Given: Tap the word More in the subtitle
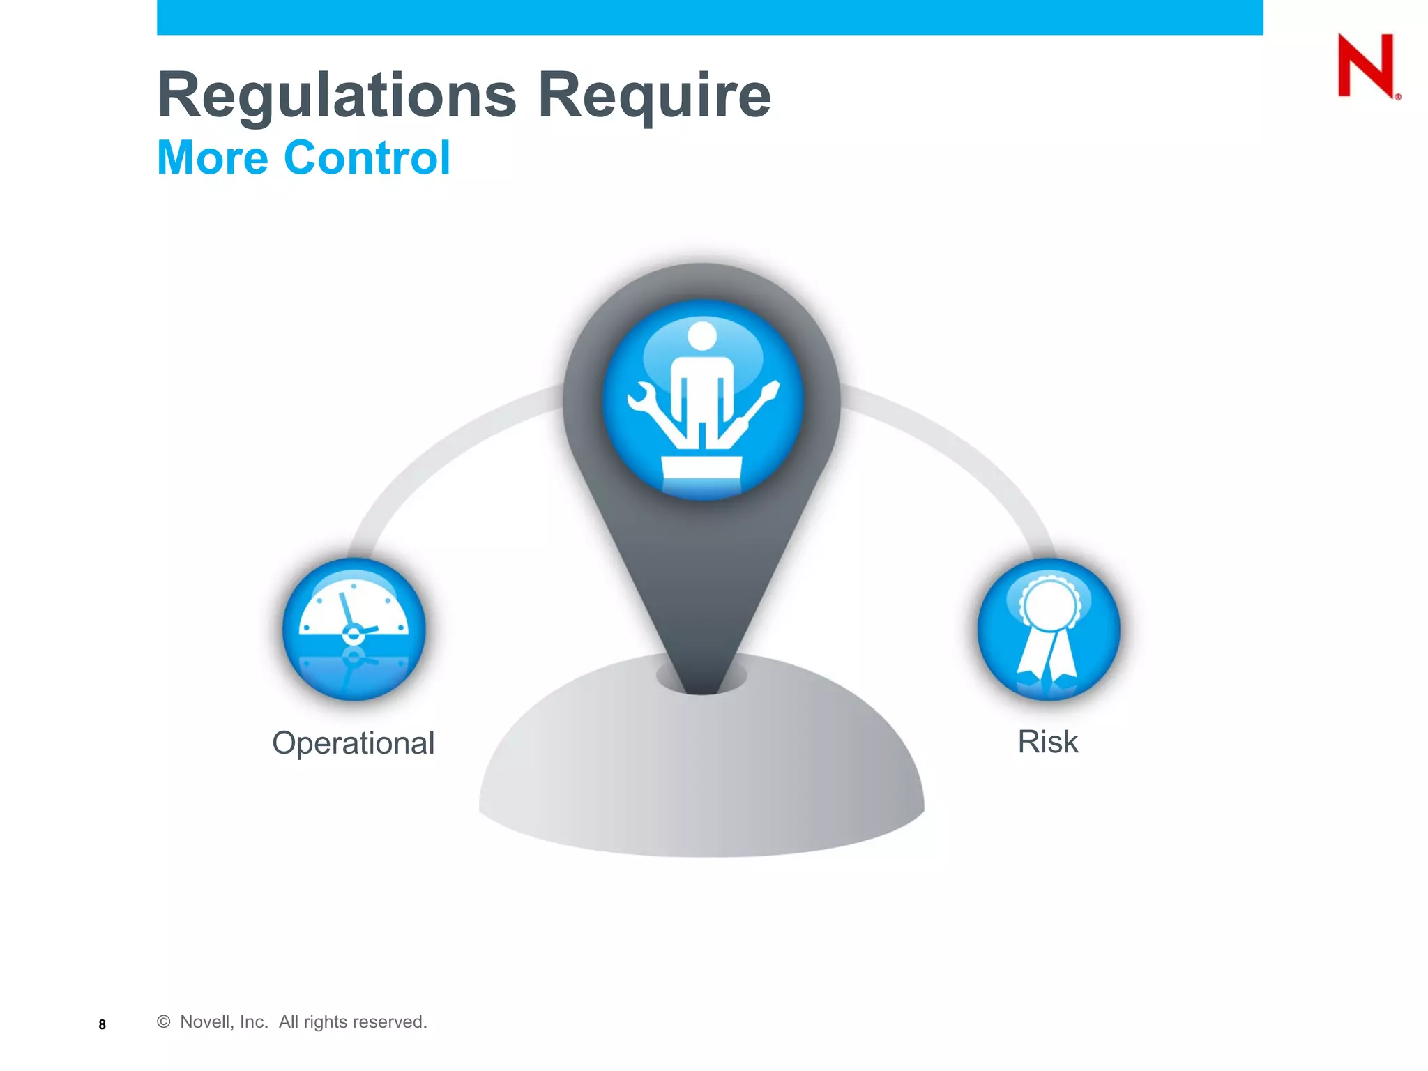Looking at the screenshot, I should point(213,158).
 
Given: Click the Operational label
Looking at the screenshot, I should point(353,743).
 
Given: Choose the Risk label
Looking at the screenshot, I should point(1047,742).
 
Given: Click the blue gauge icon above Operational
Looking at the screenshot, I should point(354,629).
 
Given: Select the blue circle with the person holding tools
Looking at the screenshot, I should point(702,400).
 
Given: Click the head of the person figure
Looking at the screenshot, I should point(702,335).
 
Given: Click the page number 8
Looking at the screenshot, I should point(102,1024).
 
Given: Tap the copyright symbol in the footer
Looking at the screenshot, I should point(164,1021).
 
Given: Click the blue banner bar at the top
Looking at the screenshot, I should point(710,17).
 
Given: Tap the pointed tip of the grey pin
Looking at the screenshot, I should point(702,687).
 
